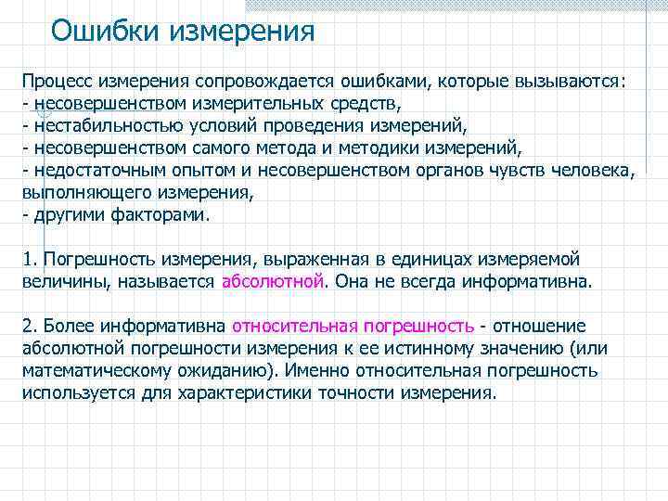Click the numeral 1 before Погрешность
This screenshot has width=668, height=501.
[27, 259]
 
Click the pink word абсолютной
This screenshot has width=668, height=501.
[274, 281]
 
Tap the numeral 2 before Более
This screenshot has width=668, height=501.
[27, 326]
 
